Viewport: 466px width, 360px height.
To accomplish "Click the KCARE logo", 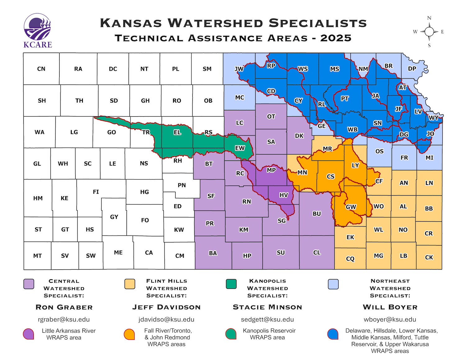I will point(38,30).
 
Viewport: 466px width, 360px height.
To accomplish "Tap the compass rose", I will point(429,32).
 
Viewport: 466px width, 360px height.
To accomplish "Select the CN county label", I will point(41,69).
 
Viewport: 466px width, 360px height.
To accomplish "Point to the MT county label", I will point(37,256).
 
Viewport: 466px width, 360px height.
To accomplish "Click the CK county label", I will point(429,257).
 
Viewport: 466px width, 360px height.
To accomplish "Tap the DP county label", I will point(412,69).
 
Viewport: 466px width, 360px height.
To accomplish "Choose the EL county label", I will point(177,132).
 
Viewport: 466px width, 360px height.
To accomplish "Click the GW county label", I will point(351,207).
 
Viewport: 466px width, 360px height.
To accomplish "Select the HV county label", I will point(283,195).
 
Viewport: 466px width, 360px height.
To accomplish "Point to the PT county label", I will point(345,99).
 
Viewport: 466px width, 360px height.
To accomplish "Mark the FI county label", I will point(96,192).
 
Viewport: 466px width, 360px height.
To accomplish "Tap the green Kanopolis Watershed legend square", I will point(231,284).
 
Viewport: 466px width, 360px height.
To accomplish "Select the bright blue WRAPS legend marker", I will point(333,334).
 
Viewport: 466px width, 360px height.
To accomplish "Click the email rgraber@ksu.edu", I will point(64,320).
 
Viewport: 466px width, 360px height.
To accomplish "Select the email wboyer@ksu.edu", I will point(390,320).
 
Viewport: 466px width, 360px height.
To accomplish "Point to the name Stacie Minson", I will point(267,307).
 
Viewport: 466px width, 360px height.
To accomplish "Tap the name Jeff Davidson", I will point(167,307).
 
